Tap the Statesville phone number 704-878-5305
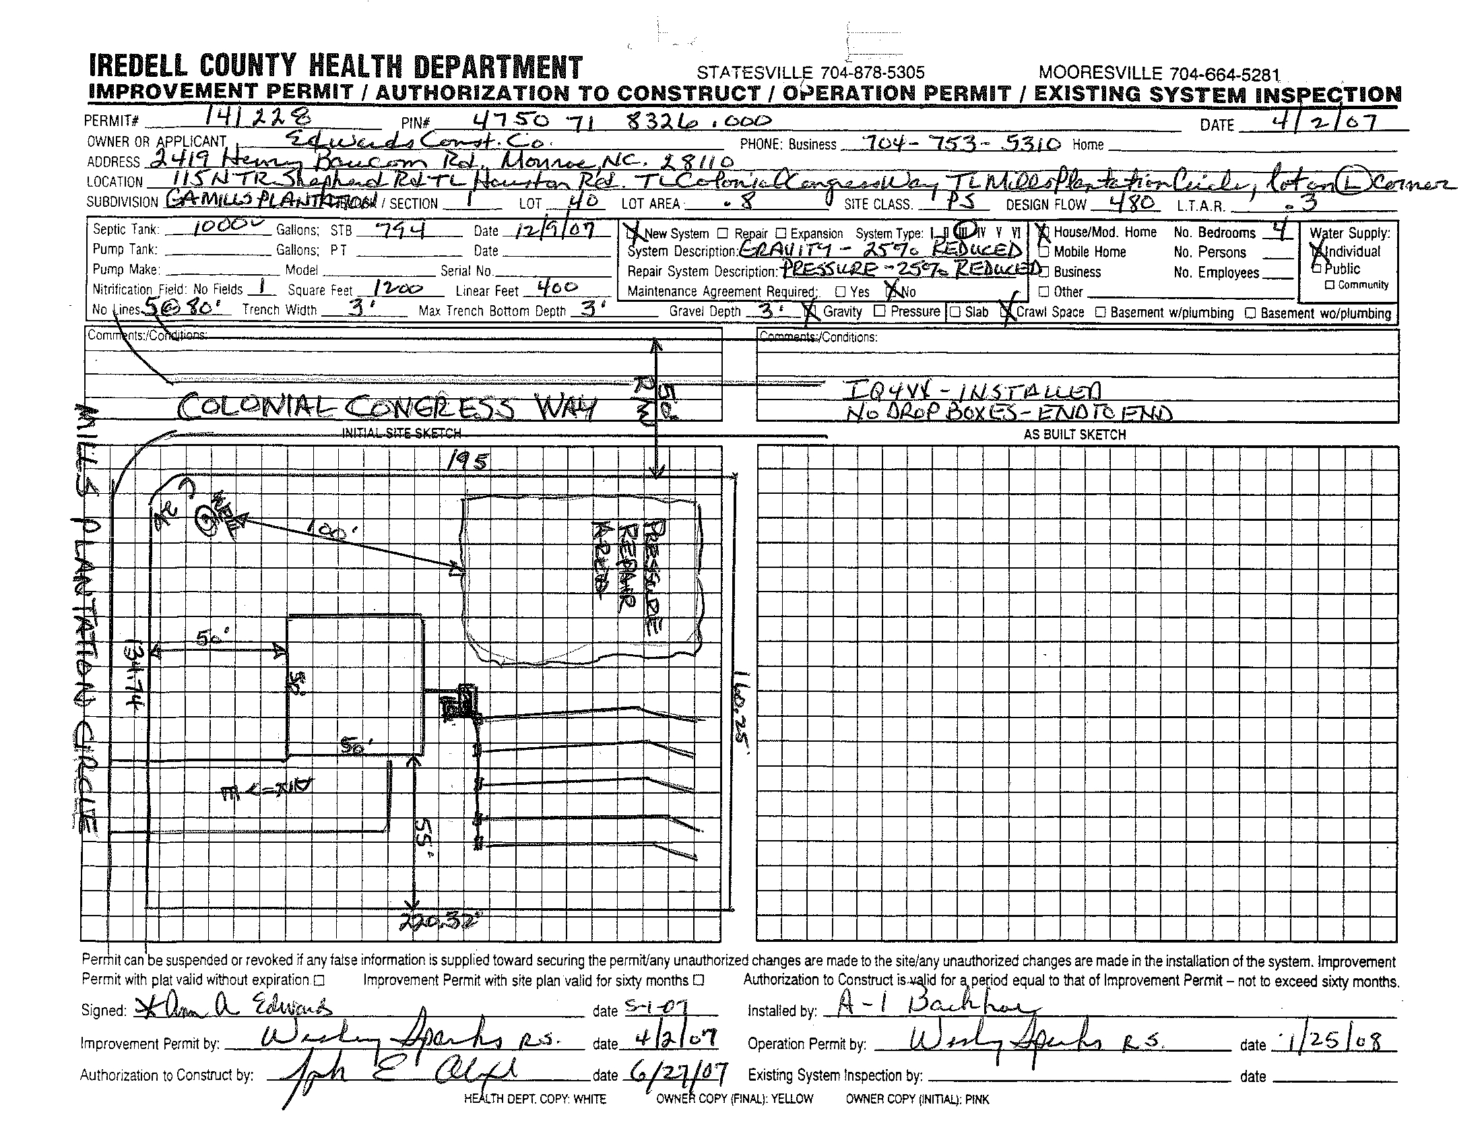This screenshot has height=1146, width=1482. pyautogui.click(x=810, y=73)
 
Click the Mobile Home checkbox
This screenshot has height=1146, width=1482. pyautogui.click(x=1045, y=252)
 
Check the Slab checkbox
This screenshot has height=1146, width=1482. pyautogui.click(x=955, y=311)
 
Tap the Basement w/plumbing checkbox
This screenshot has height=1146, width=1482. pyautogui.click(x=1101, y=312)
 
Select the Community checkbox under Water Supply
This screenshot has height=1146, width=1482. pyautogui.click(x=1330, y=285)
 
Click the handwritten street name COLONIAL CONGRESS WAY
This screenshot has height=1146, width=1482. pyautogui.click(x=387, y=408)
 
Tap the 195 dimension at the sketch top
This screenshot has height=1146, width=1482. pyautogui.click(x=468, y=463)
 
